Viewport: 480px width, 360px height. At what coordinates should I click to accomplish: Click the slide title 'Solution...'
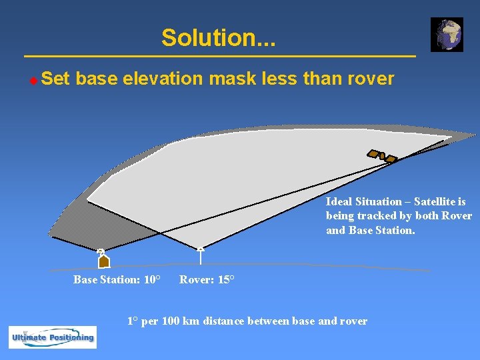click(218, 37)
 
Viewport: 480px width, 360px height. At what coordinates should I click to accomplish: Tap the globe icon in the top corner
click(446, 35)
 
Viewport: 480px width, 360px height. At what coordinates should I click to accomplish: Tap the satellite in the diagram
click(382, 156)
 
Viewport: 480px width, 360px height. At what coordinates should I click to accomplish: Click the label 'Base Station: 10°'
click(116, 279)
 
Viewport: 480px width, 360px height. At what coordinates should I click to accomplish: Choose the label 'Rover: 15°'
click(207, 279)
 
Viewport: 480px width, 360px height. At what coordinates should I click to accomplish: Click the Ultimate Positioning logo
click(53, 337)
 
